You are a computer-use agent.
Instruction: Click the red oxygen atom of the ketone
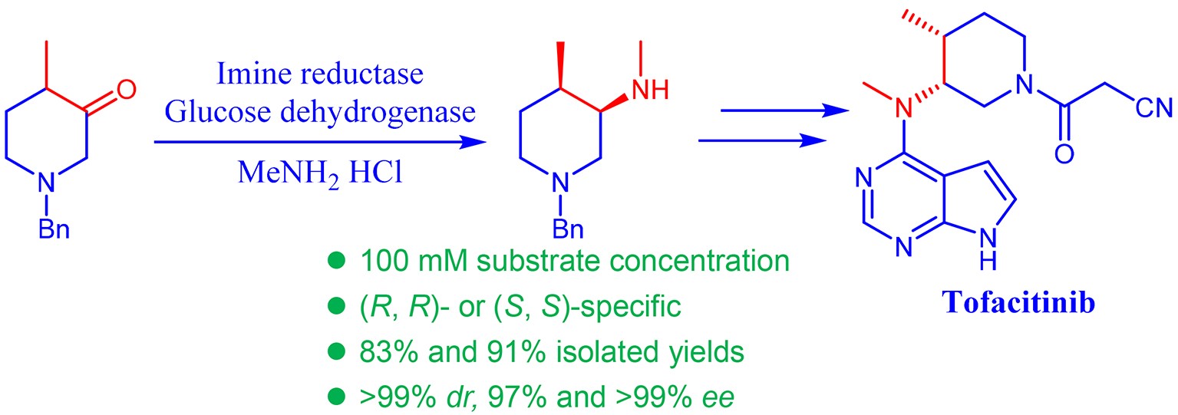coord(127,90)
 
